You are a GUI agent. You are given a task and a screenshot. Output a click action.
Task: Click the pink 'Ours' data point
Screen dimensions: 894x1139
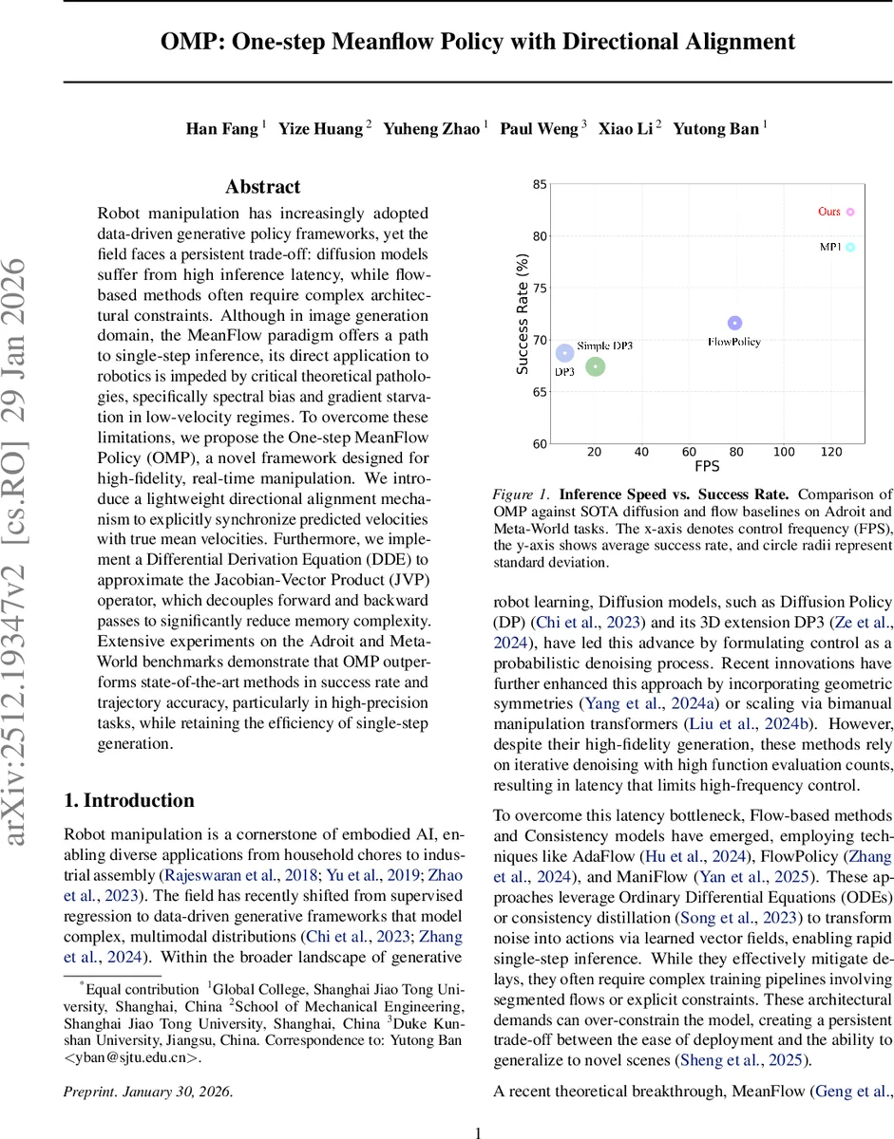(x=850, y=212)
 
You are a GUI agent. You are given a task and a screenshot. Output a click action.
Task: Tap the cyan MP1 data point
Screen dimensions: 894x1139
(x=850, y=247)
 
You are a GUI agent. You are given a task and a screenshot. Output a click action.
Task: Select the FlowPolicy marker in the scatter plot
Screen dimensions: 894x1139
(x=734, y=323)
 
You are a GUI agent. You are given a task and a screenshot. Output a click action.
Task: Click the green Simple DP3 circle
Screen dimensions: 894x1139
(x=596, y=366)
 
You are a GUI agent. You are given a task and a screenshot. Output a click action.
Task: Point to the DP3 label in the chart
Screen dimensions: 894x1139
(x=564, y=372)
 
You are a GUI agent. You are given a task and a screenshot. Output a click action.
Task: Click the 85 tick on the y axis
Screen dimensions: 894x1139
(x=539, y=184)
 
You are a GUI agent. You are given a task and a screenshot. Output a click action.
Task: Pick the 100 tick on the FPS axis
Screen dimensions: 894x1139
(x=783, y=452)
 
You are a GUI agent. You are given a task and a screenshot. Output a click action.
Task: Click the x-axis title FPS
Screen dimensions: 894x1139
(x=707, y=467)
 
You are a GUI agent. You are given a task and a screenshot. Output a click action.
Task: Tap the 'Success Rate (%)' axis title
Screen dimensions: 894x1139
(x=522, y=313)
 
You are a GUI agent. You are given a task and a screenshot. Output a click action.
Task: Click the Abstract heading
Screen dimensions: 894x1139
(x=262, y=187)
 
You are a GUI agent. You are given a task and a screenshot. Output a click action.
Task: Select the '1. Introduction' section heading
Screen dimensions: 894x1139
(x=129, y=800)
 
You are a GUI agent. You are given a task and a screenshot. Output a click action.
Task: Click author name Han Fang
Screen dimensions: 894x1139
(x=221, y=129)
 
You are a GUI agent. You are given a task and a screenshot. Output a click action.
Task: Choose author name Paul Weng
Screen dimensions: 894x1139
(x=539, y=129)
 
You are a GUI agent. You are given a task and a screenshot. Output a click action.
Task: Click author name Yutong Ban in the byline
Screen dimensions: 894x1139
(x=716, y=129)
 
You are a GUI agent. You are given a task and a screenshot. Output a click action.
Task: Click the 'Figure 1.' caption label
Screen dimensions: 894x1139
(x=523, y=494)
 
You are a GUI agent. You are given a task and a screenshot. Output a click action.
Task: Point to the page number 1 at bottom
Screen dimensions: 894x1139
(x=479, y=1131)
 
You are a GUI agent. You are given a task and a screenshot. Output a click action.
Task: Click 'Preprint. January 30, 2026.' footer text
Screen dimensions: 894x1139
(x=147, y=1092)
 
